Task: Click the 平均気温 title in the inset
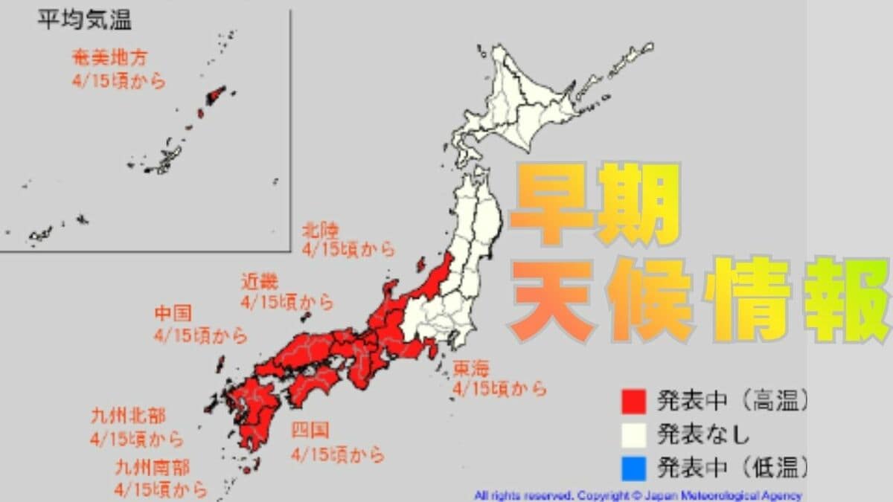tap(84, 20)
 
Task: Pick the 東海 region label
tap(471, 367)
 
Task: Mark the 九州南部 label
tap(152, 468)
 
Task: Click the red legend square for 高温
tap(632, 402)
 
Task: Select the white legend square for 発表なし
tap(632, 434)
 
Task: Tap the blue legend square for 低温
tap(632, 468)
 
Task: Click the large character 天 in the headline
tap(554, 301)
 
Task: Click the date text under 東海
tap(499, 388)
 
